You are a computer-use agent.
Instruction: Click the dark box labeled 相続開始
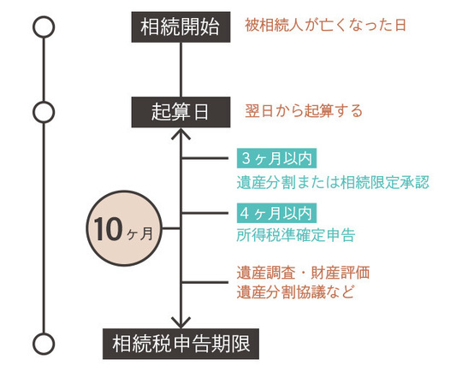tap(181, 26)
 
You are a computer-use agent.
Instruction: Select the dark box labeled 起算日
tap(181, 110)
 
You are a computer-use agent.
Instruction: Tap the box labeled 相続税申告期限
tap(181, 344)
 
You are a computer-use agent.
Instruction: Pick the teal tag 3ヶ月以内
tap(276, 159)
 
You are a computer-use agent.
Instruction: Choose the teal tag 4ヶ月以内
tap(276, 212)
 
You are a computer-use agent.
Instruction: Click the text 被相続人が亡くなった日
tap(323, 26)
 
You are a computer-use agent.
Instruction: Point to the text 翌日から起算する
tap(304, 110)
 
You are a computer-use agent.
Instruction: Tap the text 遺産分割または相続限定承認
tap(332, 181)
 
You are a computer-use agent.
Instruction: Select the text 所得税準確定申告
tap(295, 233)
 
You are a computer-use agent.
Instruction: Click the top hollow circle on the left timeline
tap(43, 26)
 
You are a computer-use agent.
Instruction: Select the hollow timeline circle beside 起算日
tap(43, 111)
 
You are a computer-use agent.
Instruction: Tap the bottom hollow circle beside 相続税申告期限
tap(43, 344)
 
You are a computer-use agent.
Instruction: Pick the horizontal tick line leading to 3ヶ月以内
tap(207, 159)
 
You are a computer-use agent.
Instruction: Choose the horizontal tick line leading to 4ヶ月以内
tap(207, 212)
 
